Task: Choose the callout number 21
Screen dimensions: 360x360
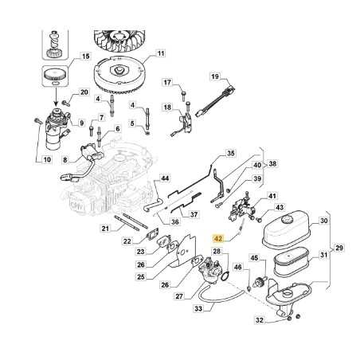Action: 105,229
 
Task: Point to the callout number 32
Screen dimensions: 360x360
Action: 260,320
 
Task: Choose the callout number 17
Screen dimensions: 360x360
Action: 167,83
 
